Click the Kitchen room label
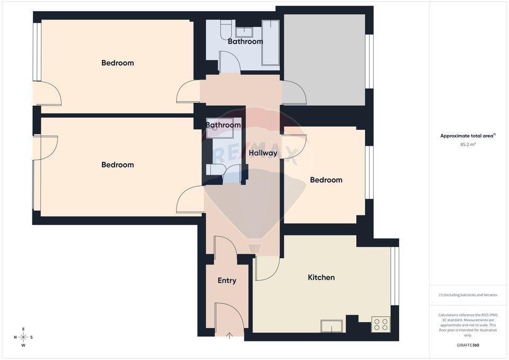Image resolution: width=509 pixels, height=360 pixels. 321,277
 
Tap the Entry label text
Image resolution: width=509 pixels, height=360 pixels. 227,280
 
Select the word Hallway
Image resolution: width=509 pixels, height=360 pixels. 263,153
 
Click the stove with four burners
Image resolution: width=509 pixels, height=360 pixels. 381,324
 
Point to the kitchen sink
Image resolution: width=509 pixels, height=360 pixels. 332,326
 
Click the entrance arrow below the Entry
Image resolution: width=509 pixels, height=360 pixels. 230,335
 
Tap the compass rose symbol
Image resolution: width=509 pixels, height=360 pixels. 23,337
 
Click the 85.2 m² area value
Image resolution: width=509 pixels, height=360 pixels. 468,144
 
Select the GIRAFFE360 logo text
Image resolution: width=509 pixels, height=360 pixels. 468,345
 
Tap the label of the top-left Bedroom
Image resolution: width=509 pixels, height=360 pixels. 118,63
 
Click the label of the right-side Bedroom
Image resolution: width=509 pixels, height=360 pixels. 326,180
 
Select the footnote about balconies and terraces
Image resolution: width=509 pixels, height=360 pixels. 468,295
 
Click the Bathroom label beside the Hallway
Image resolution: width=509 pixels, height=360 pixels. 223,125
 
